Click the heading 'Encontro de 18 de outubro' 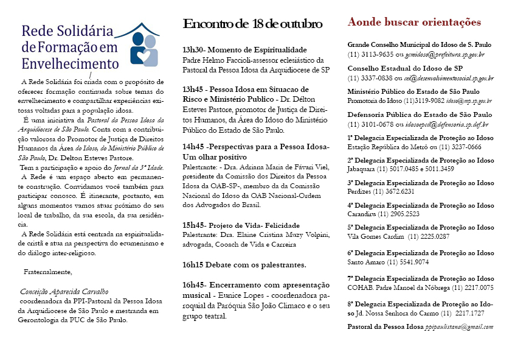pyautogui.click(x=252, y=24)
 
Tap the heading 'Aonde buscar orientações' pyautogui.click(x=414, y=23)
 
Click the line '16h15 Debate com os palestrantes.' pyautogui.click(x=244, y=265)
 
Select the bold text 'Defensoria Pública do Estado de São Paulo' pyautogui.click(x=420, y=114)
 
